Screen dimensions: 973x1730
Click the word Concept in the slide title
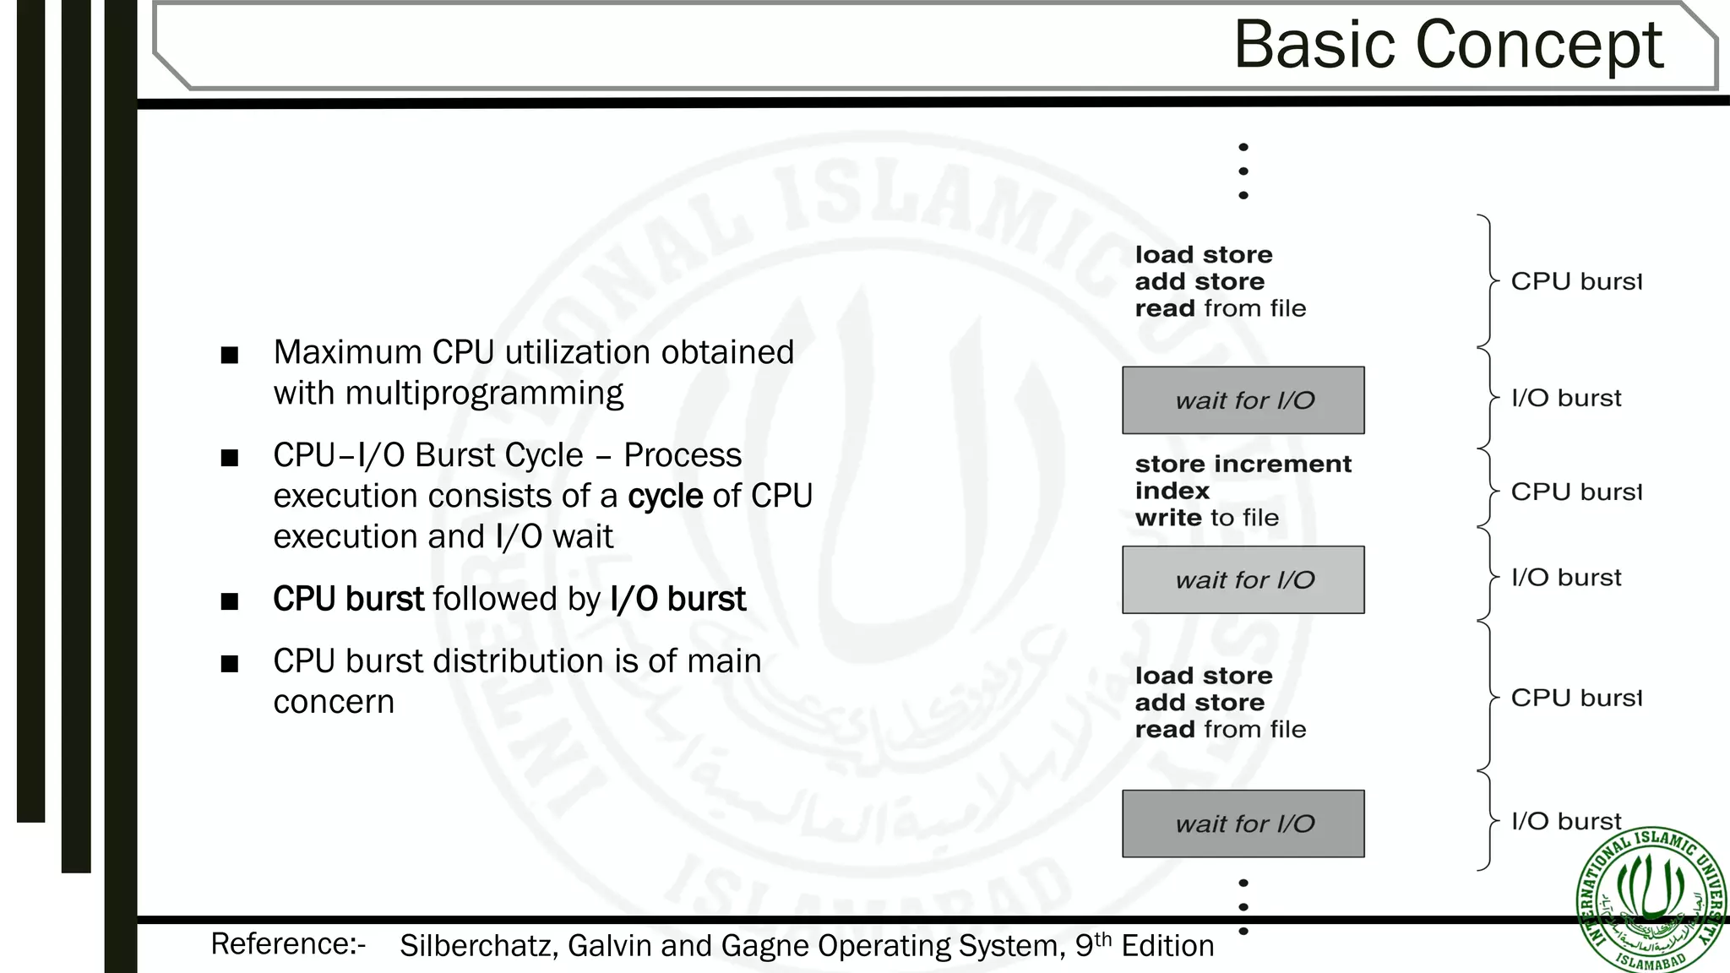coord(1538,46)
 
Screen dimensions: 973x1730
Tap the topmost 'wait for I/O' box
coord(1243,400)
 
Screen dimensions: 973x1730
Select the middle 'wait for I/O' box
coord(1243,580)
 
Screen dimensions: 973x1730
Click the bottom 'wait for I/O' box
coord(1243,824)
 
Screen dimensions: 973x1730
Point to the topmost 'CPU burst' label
coord(1575,281)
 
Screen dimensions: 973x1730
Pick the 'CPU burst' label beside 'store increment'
coord(1575,492)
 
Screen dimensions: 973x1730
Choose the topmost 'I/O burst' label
coord(1566,398)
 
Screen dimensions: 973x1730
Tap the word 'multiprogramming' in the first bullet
coord(484,394)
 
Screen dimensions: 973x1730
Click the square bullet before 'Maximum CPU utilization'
coord(229,355)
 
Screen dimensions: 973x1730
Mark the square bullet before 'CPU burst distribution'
coord(229,664)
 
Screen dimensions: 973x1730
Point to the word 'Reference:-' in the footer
coord(288,944)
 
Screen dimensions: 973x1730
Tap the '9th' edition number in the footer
coord(1093,945)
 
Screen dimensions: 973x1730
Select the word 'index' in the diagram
coord(1172,491)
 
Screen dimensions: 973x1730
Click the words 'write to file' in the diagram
coord(1206,518)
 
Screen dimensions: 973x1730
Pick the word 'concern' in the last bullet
coord(334,702)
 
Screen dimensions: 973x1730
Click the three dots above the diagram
coord(1243,171)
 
